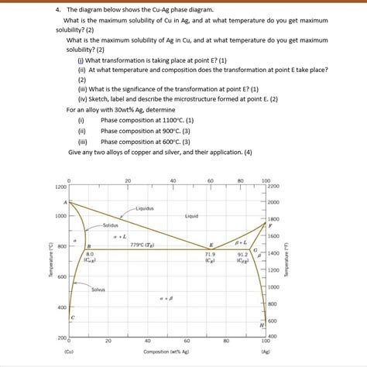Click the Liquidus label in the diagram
[146, 208]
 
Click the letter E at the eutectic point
[211, 244]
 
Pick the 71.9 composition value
[210, 253]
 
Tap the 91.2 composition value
[242, 253]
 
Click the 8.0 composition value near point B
[90, 253]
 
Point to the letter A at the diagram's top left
[65, 201]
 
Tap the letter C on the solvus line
[74, 318]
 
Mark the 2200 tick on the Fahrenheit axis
[273, 187]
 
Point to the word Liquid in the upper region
[192, 216]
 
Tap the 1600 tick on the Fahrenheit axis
[273, 235]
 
